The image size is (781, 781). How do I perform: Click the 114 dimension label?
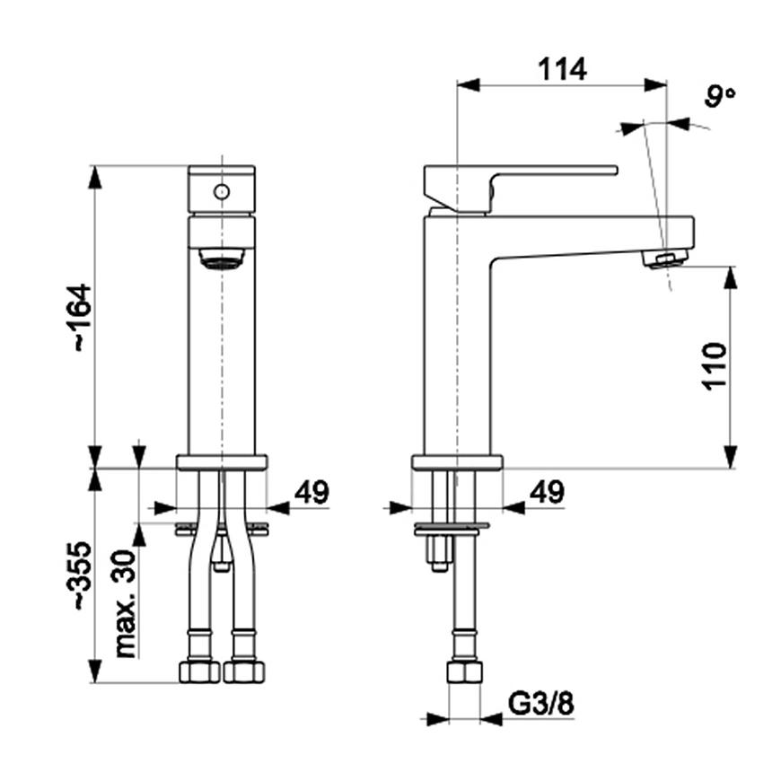click(562, 68)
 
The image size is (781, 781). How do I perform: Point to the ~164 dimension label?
click(80, 317)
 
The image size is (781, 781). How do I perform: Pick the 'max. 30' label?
click(126, 603)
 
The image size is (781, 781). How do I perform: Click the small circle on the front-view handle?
click(221, 190)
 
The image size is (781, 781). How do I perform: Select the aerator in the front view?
click(222, 260)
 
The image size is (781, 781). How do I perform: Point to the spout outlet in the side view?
click(666, 259)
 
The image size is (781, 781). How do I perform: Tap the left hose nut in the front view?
click(199, 671)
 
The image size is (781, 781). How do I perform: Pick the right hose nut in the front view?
click(242, 671)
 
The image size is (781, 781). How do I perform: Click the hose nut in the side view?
click(465, 673)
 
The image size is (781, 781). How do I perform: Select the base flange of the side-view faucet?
click(457, 462)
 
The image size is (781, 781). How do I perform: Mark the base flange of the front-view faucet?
click(222, 462)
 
